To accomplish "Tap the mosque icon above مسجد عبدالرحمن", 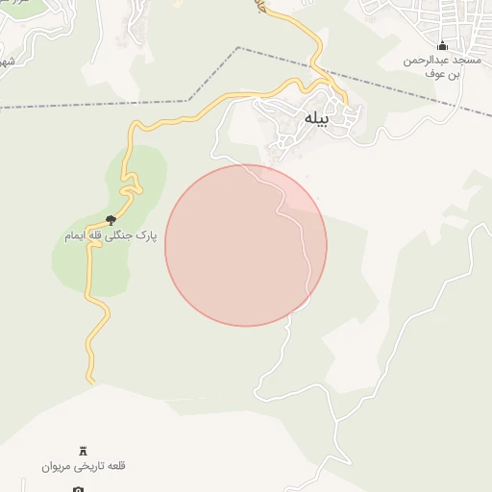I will tap(442, 45).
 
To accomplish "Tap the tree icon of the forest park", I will tap(111, 220).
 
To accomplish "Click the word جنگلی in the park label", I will tap(117, 235).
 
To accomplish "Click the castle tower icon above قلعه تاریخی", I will tap(83, 451).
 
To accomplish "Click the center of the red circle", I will tap(245, 245).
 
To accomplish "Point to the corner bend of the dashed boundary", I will tap(238, 48).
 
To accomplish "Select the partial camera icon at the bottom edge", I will tap(79, 488).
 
